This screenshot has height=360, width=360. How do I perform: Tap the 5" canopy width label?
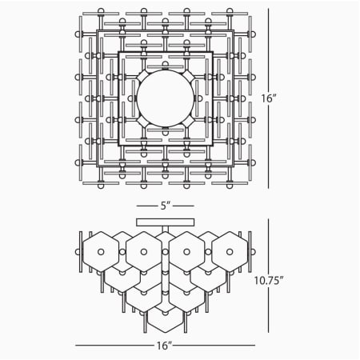[166, 206]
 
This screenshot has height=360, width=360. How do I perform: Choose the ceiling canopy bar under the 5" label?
[166, 220]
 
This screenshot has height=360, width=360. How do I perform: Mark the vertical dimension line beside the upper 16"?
[268, 48]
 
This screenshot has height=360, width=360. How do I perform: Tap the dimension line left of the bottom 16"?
[112, 346]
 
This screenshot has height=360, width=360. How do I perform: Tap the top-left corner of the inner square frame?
[119, 53]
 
